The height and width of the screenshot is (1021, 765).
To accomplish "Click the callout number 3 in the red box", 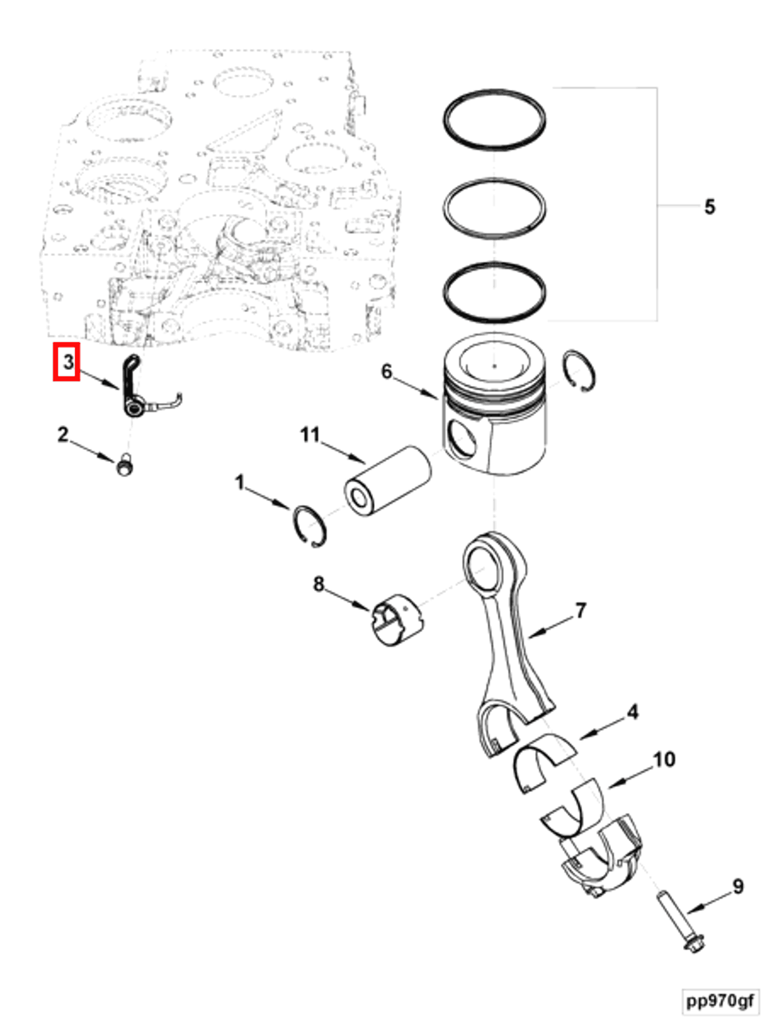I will (x=67, y=361).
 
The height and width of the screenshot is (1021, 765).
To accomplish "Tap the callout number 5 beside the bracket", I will (x=709, y=206).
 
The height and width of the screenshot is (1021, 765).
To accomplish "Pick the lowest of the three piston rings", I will (x=494, y=266).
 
